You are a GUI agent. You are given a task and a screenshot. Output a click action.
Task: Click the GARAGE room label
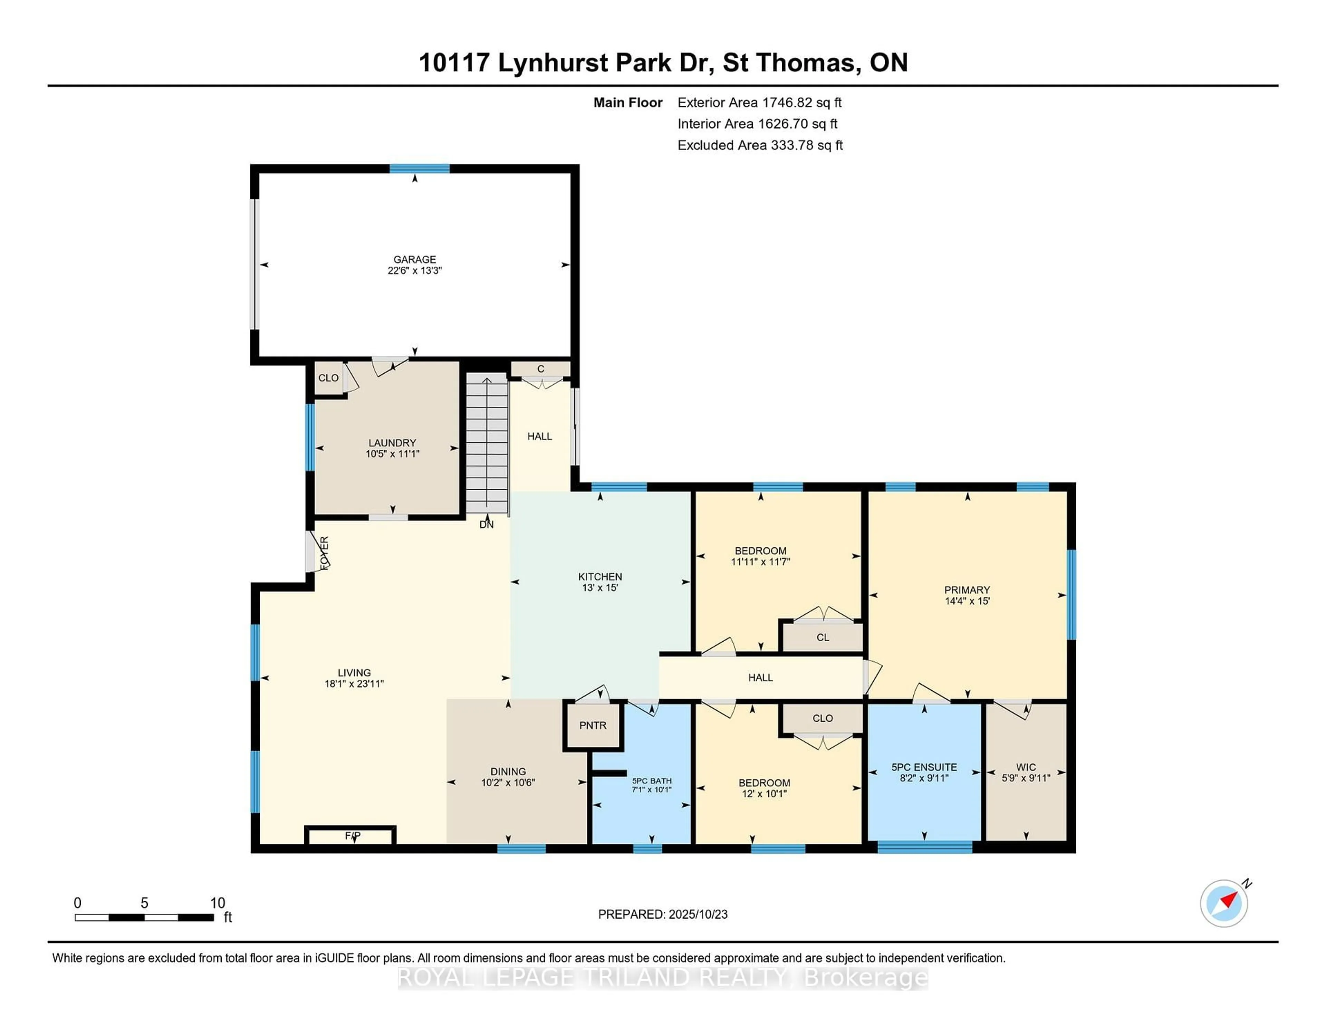click(415, 259)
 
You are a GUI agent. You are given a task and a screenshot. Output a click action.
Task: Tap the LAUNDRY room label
click(392, 443)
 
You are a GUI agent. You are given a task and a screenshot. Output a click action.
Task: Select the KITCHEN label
click(600, 576)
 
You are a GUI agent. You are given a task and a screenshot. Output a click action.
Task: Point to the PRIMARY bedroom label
click(967, 590)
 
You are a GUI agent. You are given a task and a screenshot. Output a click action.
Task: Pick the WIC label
click(1026, 767)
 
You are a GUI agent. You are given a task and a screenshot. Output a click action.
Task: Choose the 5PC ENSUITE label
click(924, 767)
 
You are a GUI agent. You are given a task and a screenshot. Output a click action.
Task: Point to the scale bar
click(144, 918)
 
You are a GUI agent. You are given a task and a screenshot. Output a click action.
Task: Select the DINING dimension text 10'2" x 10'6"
click(508, 783)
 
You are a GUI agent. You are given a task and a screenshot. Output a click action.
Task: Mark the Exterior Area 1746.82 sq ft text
click(760, 103)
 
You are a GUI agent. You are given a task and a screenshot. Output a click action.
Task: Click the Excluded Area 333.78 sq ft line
click(760, 145)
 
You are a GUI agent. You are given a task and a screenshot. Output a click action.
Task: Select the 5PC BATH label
click(652, 781)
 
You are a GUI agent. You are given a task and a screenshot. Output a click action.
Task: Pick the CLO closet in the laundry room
click(328, 378)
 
